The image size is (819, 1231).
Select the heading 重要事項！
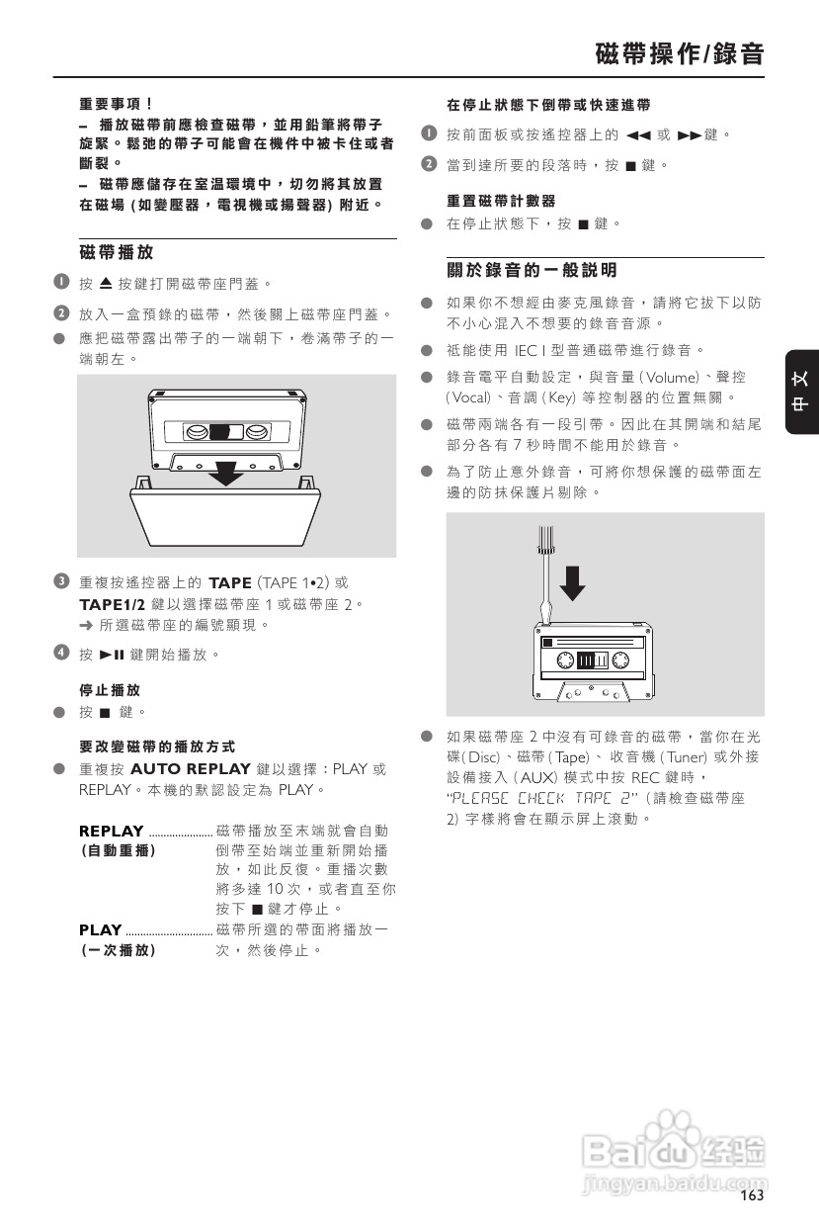pos(116,103)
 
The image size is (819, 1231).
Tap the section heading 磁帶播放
pos(116,253)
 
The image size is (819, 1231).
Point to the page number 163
pos(752,1196)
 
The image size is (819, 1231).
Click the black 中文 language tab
pos(802,392)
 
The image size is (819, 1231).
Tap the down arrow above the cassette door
pos(228,472)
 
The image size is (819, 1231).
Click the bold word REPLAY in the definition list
pos(111,831)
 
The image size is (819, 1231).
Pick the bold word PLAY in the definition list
pos(100,929)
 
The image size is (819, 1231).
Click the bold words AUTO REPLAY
pos(190,769)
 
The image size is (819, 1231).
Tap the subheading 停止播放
pos(110,689)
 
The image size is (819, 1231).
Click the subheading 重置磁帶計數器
pos(501,201)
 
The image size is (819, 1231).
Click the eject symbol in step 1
pos(106,284)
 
